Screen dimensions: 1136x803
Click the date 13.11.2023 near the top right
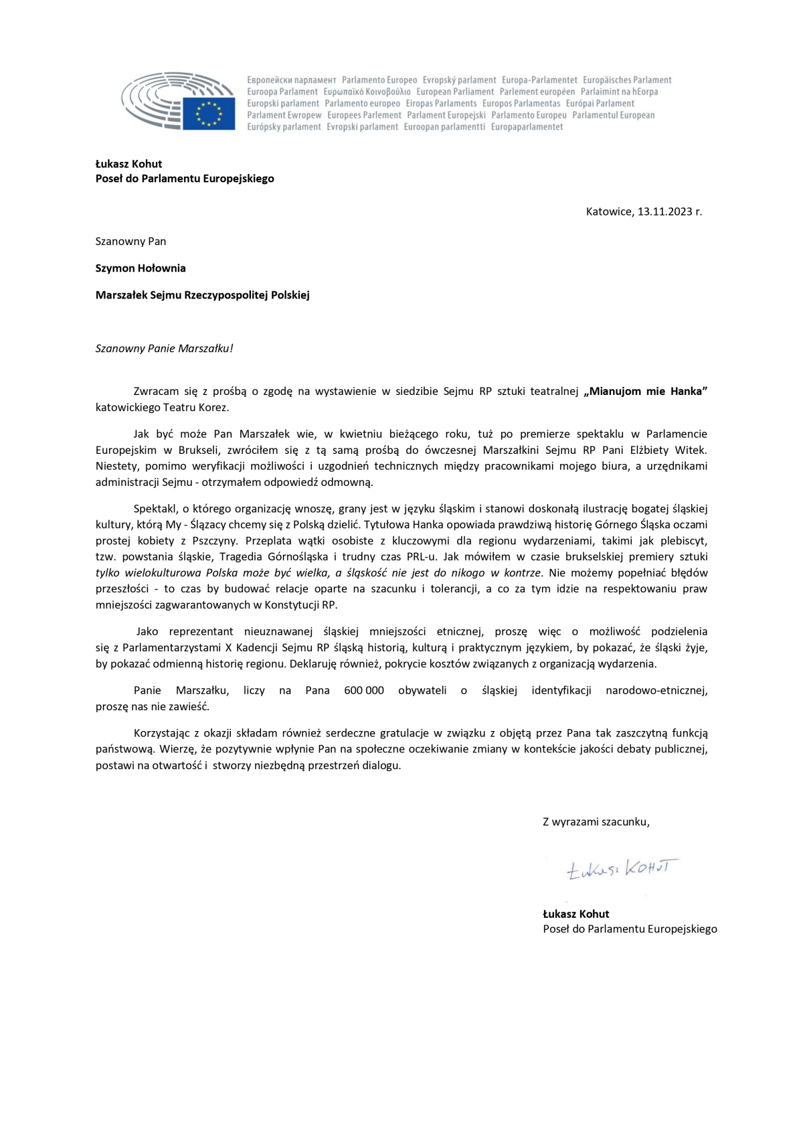(x=664, y=212)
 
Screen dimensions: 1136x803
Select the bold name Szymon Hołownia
(x=141, y=268)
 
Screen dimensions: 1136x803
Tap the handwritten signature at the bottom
(x=622, y=869)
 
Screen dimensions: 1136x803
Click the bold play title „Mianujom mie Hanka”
(x=645, y=392)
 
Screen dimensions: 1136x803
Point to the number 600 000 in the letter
(x=364, y=690)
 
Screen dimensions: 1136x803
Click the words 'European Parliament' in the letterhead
(x=455, y=92)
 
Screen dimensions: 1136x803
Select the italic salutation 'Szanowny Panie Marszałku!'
(x=165, y=348)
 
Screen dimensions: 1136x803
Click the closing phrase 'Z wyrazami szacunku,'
(x=596, y=821)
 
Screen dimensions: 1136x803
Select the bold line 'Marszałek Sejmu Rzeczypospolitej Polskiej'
(x=203, y=295)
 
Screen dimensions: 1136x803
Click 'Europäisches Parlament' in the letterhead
(x=627, y=80)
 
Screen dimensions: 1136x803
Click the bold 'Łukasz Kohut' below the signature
(x=576, y=914)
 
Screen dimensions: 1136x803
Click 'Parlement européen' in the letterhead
(x=537, y=92)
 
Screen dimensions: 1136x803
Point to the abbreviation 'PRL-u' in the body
(x=422, y=557)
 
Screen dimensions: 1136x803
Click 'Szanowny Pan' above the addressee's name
(x=130, y=241)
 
